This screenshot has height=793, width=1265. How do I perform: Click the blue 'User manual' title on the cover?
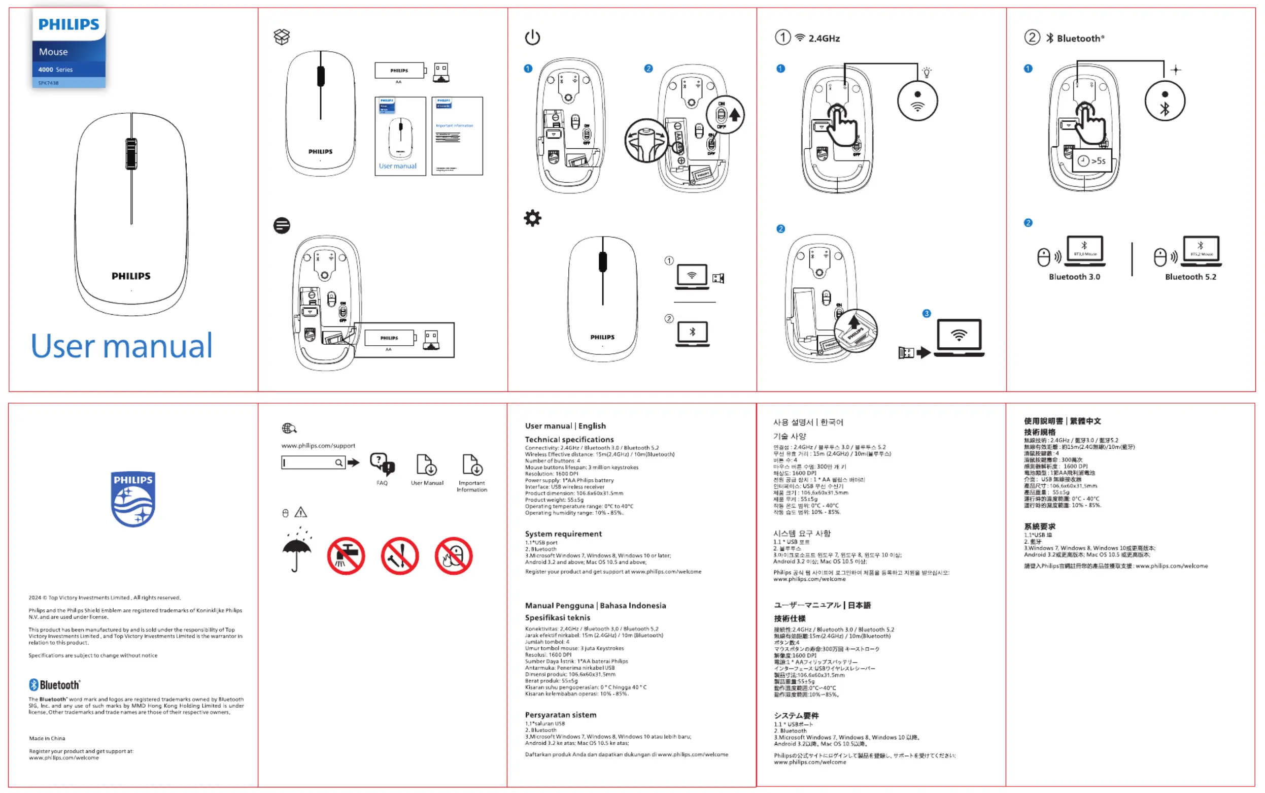tap(122, 346)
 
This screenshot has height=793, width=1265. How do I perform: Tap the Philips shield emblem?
tap(133, 499)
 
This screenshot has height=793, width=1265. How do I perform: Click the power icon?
tap(532, 37)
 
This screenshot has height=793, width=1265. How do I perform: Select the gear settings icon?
tap(532, 218)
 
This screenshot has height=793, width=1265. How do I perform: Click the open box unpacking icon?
tap(282, 37)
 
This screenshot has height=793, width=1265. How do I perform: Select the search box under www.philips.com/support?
tap(313, 462)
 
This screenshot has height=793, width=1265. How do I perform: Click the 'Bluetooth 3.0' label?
tap(1074, 277)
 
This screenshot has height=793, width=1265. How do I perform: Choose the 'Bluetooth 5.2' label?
tap(1190, 277)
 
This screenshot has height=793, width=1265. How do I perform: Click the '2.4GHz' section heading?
tap(824, 38)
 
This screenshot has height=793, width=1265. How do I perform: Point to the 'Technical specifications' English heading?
tap(569, 440)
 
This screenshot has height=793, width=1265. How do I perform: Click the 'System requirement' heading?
tap(563, 534)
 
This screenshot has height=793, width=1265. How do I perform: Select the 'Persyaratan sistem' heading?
tap(560, 715)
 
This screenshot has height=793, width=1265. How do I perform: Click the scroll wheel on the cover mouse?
tap(131, 154)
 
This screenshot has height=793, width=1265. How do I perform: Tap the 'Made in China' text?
tap(47, 739)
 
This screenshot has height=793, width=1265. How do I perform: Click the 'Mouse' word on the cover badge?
tap(53, 52)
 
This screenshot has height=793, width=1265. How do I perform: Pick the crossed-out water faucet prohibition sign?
tap(346, 556)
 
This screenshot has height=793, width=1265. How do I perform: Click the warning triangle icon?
tap(300, 512)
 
